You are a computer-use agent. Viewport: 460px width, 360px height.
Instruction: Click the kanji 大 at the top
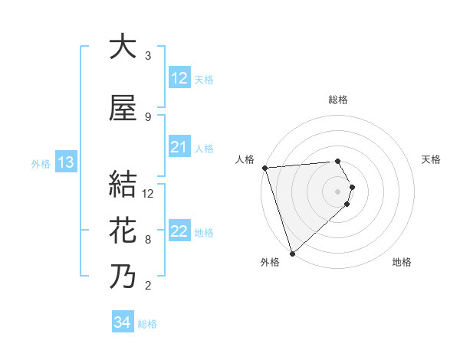123,47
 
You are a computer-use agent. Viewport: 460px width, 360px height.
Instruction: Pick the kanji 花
123,231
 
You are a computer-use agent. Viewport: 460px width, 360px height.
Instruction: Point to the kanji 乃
123,277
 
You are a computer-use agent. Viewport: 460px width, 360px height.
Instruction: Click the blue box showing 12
179,78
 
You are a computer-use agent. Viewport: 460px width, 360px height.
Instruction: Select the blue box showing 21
179,147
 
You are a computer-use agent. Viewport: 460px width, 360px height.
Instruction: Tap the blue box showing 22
179,231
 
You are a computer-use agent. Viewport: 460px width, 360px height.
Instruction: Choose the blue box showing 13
65,162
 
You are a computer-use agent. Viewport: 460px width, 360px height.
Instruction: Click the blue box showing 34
122,322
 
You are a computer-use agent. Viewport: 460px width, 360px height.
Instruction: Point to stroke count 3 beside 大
148,56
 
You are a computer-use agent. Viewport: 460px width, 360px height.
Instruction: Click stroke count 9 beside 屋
148,117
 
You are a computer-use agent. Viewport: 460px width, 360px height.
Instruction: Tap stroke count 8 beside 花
148,240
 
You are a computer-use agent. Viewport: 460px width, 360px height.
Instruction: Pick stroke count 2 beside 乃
148,286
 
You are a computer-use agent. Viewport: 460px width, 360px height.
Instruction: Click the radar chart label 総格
338,100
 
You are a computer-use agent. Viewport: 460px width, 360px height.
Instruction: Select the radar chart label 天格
431,159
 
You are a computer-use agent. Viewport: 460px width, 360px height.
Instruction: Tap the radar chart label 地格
402,262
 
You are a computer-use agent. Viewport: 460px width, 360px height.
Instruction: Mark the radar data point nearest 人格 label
264,168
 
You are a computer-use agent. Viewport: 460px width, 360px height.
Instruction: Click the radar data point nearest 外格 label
292,253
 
